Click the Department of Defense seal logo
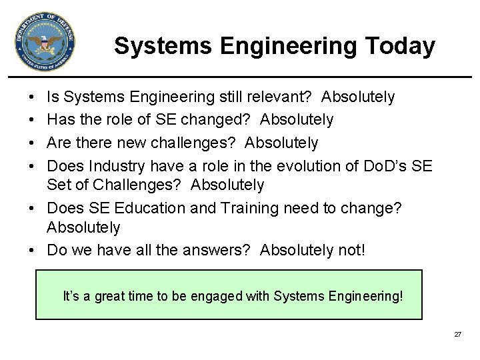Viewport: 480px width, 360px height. pyautogui.click(x=45, y=42)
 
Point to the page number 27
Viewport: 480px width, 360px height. pyautogui.click(x=457, y=334)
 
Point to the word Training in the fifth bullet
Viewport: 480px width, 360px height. pyautogui.click(x=244, y=208)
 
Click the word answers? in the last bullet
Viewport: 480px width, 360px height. pyautogui.click(x=220, y=250)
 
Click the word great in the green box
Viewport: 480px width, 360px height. pyautogui.click(x=111, y=295)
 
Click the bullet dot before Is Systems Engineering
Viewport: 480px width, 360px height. pyautogui.click(x=33, y=98)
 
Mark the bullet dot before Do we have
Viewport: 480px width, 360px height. pyautogui.click(x=33, y=251)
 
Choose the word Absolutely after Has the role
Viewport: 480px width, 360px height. pyautogui.click(x=297, y=120)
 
